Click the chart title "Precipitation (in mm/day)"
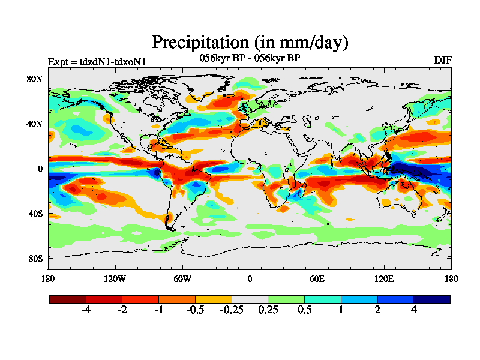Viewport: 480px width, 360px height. [250, 42]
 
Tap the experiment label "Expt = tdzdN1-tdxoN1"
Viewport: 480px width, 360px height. [97, 61]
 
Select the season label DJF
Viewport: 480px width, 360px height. [442, 61]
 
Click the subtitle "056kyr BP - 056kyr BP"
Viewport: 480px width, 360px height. [250, 58]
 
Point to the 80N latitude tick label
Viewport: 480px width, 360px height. [35, 79]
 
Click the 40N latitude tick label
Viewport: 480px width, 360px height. [35, 124]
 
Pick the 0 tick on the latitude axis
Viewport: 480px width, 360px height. [40, 169]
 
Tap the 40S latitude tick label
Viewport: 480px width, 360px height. [35, 213]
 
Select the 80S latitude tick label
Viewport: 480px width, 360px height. [35, 258]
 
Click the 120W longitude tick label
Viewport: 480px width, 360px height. [115, 278]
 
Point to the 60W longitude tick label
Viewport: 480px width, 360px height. [182, 278]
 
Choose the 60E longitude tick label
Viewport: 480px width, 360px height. [317, 278]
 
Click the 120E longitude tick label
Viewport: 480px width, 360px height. [384, 278]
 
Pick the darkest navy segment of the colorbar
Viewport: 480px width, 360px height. [431, 299]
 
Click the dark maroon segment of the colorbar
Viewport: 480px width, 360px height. [68, 299]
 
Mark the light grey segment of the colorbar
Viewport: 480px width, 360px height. [250, 299]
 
